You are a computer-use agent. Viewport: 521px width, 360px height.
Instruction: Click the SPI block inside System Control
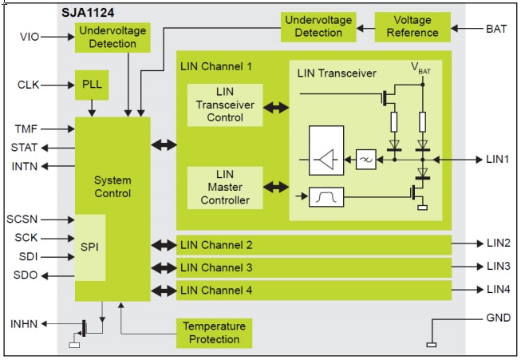[x=90, y=247]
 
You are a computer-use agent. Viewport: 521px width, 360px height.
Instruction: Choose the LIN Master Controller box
[x=226, y=187]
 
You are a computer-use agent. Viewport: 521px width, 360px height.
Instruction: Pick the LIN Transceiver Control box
[x=226, y=105]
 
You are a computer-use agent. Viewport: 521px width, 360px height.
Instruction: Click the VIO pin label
[x=29, y=36]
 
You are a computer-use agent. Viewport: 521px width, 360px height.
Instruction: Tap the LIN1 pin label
[x=497, y=159]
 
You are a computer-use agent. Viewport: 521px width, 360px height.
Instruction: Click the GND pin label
[x=497, y=318]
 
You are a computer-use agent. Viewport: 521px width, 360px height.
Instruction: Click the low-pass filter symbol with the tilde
[x=366, y=159]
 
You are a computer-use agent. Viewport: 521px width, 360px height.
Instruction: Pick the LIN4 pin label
[x=497, y=290]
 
